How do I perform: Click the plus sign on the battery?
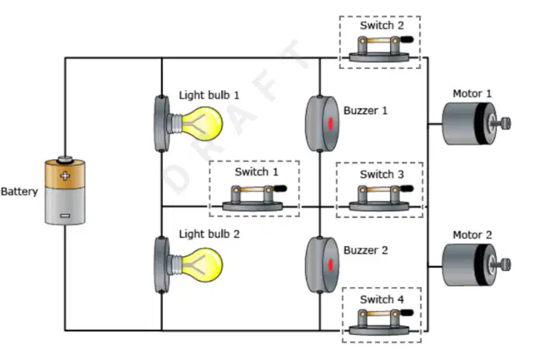coord(64,175)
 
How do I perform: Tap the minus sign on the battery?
coord(64,216)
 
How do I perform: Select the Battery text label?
coord(19,192)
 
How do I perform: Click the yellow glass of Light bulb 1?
coord(202,123)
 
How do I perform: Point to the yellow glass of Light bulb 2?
coord(202,265)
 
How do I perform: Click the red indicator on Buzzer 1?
coord(331,124)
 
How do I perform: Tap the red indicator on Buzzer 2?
coord(331,265)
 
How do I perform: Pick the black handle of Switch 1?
coord(280,189)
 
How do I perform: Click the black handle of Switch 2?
coord(407,40)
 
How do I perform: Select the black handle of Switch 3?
coord(407,189)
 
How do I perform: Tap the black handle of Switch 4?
coord(407,313)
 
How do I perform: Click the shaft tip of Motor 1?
coord(506,123)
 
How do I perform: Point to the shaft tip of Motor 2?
coord(506,265)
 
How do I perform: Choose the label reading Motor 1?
coord(472,94)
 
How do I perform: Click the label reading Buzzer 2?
coord(365,250)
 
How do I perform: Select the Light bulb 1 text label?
coord(209,95)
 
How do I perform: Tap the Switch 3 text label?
coord(382,175)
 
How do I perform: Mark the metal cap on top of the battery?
coord(64,159)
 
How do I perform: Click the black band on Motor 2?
coord(479,265)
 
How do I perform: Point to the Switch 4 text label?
coord(382,299)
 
